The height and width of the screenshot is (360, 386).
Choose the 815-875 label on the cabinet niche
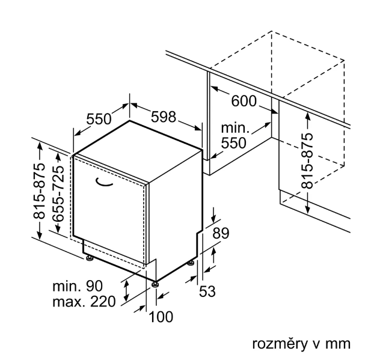pos(307,160)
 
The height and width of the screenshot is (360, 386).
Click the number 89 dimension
pos(222,234)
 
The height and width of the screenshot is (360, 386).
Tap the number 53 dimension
pos(207,291)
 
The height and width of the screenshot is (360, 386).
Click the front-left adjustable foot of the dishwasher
pos(90,259)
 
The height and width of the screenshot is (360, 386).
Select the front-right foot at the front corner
pos(155,284)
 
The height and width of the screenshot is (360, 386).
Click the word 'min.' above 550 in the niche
pos(235,128)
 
